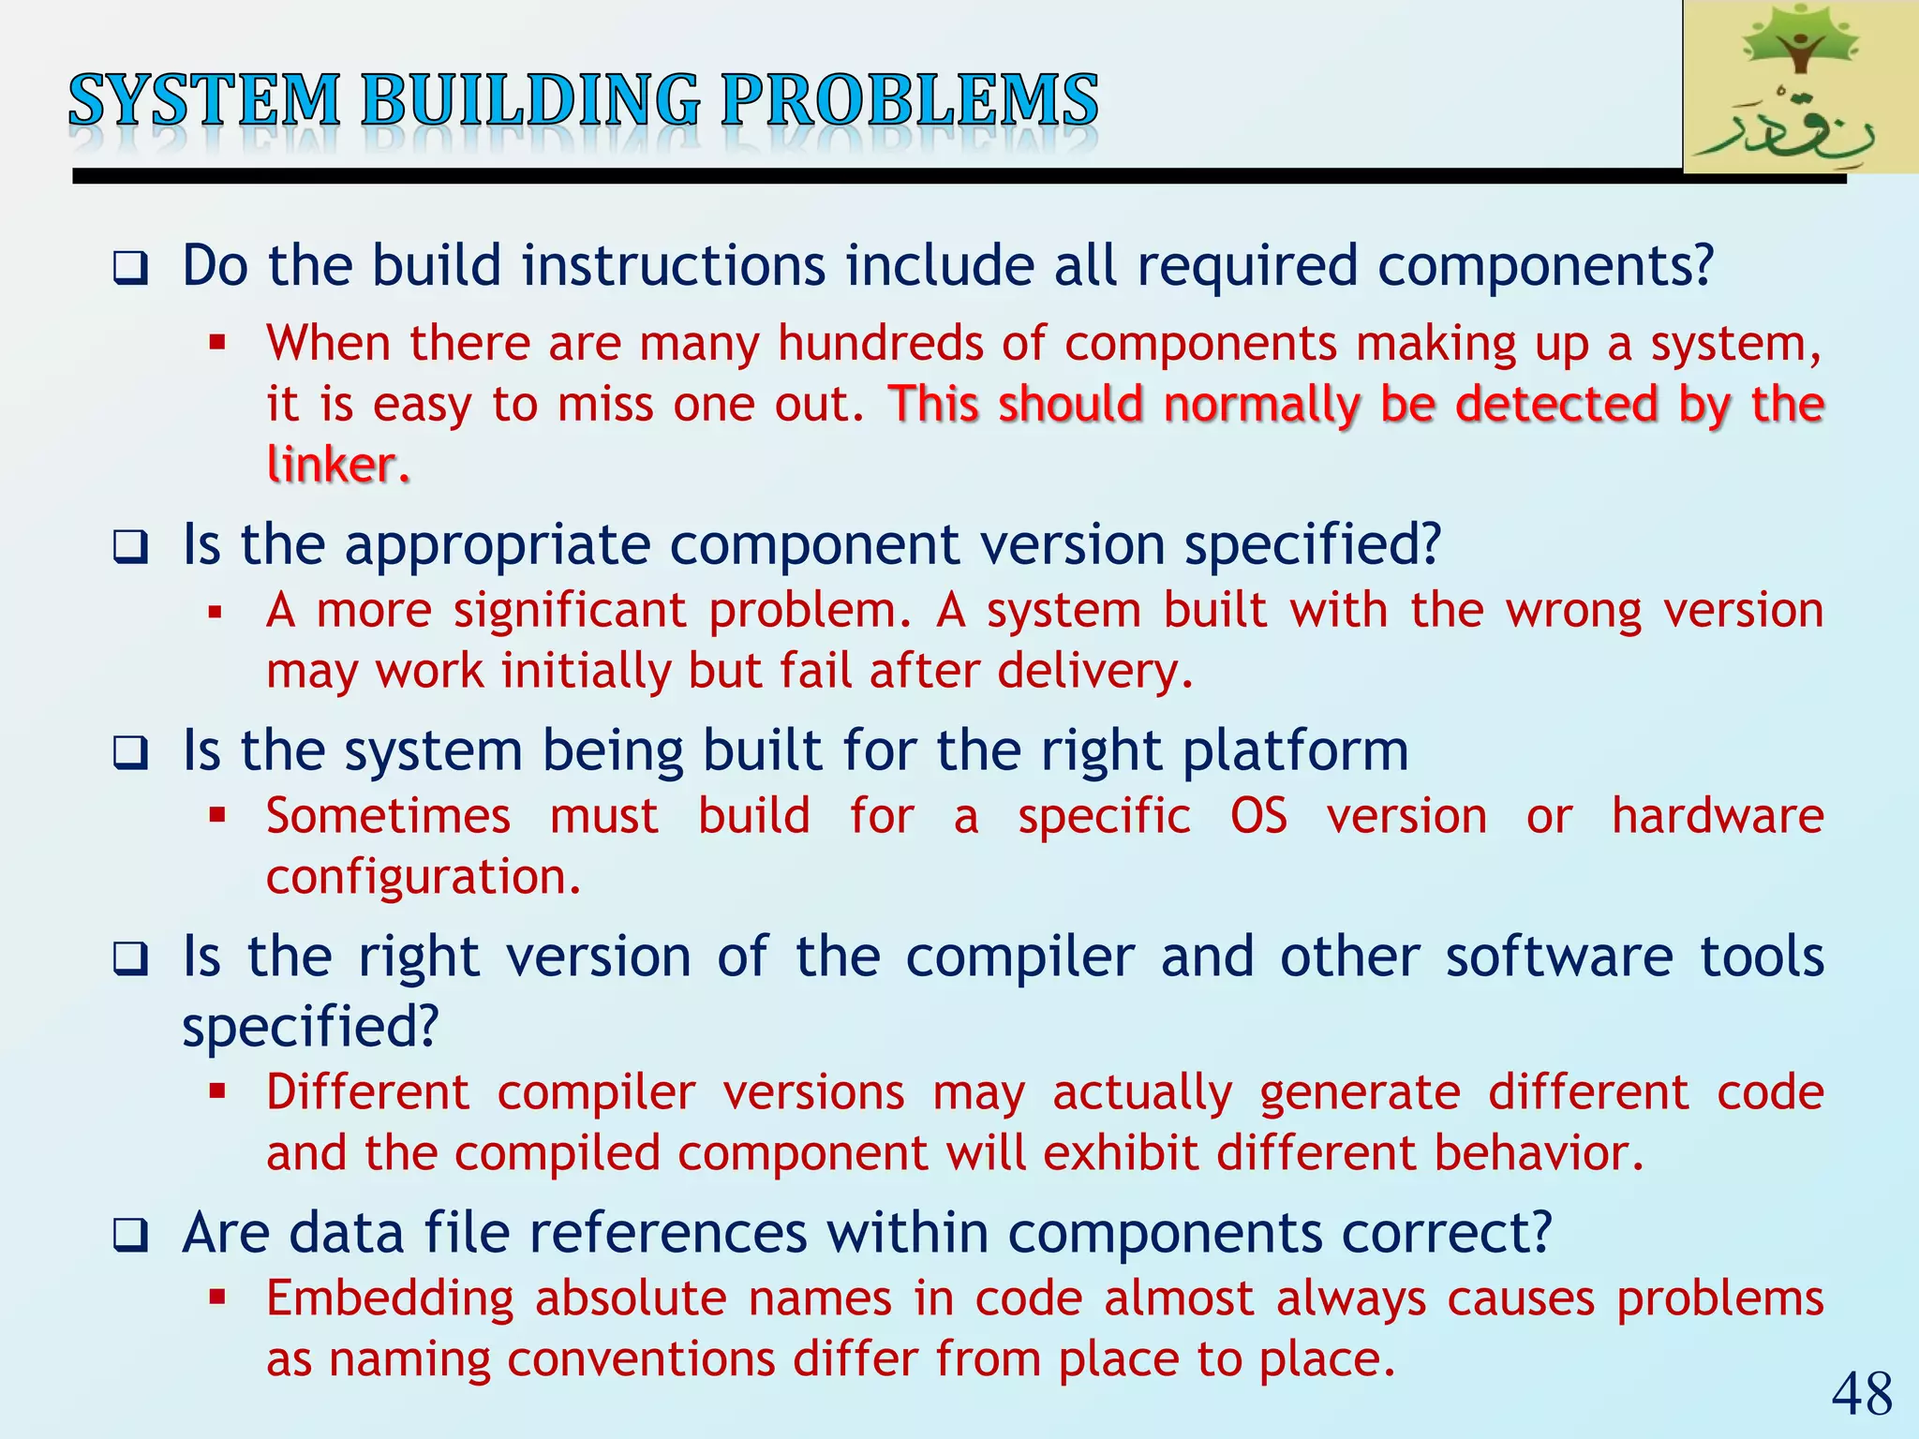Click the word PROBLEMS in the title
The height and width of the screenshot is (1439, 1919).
point(909,100)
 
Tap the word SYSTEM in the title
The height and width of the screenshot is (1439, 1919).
point(204,100)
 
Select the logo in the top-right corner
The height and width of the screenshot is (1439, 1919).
point(1800,87)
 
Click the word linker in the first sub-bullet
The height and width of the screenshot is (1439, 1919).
point(335,465)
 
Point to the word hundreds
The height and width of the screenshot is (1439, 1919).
point(880,343)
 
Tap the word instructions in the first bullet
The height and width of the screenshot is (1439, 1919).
point(674,265)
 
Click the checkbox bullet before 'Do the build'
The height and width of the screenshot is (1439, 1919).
point(130,269)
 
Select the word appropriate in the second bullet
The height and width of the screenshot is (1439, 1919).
point(497,545)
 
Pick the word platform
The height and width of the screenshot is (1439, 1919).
point(1295,751)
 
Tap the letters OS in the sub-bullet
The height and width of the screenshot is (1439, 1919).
point(1258,816)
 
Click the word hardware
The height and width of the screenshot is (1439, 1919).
point(1717,816)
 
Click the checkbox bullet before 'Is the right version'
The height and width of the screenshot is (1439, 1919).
point(130,960)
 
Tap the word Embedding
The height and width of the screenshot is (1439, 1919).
point(390,1299)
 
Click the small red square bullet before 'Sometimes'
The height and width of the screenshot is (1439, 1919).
point(217,815)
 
